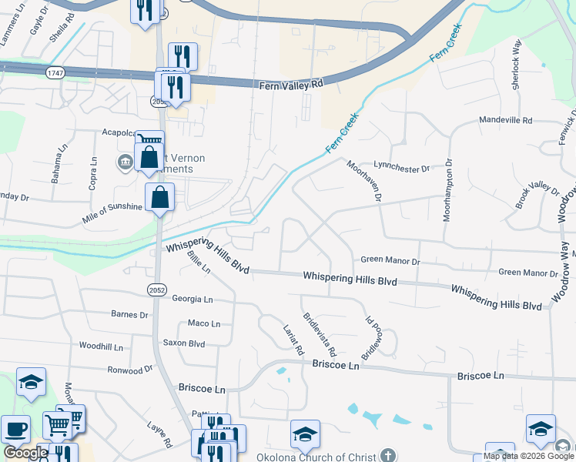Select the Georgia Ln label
pyautogui.click(x=192, y=299)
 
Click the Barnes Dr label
pyautogui.click(x=129, y=315)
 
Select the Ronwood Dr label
pyautogui.click(x=130, y=370)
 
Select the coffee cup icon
pyautogui.click(x=15, y=430)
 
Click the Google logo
pyautogui.click(x=25, y=453)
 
